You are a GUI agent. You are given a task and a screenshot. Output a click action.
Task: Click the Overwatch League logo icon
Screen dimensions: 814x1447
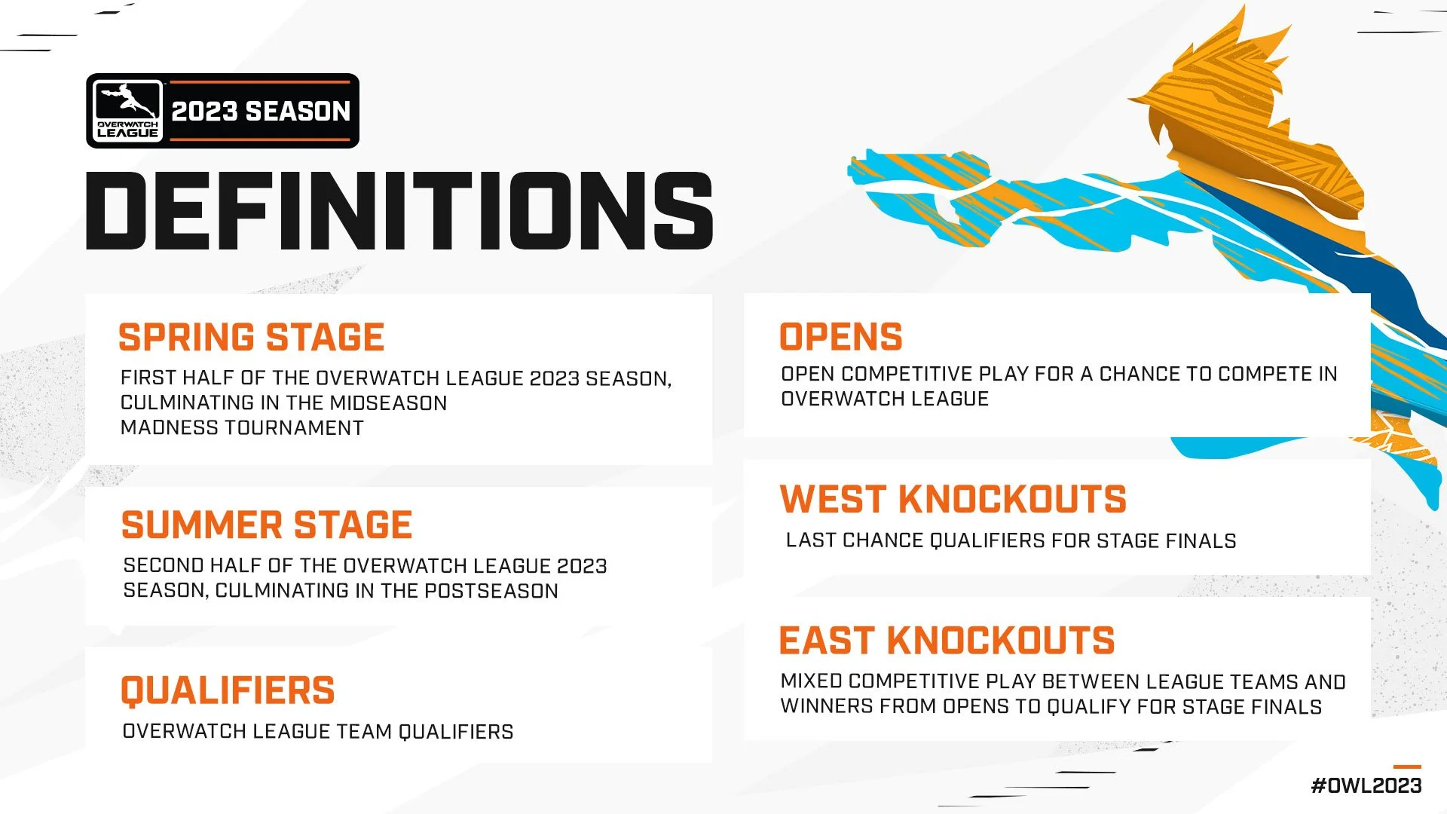127,110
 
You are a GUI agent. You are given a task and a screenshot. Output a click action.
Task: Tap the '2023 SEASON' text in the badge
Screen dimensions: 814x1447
261,112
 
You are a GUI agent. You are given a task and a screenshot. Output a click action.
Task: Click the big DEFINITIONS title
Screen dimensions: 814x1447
399,210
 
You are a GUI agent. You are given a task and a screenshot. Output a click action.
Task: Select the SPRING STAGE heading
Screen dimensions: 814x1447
251,337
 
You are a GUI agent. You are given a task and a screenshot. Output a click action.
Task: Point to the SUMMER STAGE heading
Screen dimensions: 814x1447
267,525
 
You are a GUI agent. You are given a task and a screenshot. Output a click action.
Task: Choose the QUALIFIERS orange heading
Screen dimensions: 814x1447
228,690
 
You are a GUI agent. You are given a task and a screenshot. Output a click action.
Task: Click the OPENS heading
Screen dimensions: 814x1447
840,337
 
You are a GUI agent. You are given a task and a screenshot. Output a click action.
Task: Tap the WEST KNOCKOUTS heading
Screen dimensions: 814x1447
953,500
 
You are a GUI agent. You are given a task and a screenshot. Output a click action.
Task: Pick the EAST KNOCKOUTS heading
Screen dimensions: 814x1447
947,641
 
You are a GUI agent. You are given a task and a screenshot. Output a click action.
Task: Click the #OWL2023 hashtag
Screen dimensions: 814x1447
1366,785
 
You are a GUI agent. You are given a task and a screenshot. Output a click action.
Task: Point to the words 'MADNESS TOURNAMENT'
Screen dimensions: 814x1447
242,428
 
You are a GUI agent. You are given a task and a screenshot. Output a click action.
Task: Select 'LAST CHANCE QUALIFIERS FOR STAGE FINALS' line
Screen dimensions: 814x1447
1011,540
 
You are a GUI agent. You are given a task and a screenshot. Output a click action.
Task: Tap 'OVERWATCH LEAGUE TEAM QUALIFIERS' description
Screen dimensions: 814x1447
317,732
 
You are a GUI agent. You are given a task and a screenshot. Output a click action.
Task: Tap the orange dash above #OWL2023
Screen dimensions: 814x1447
1407,767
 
